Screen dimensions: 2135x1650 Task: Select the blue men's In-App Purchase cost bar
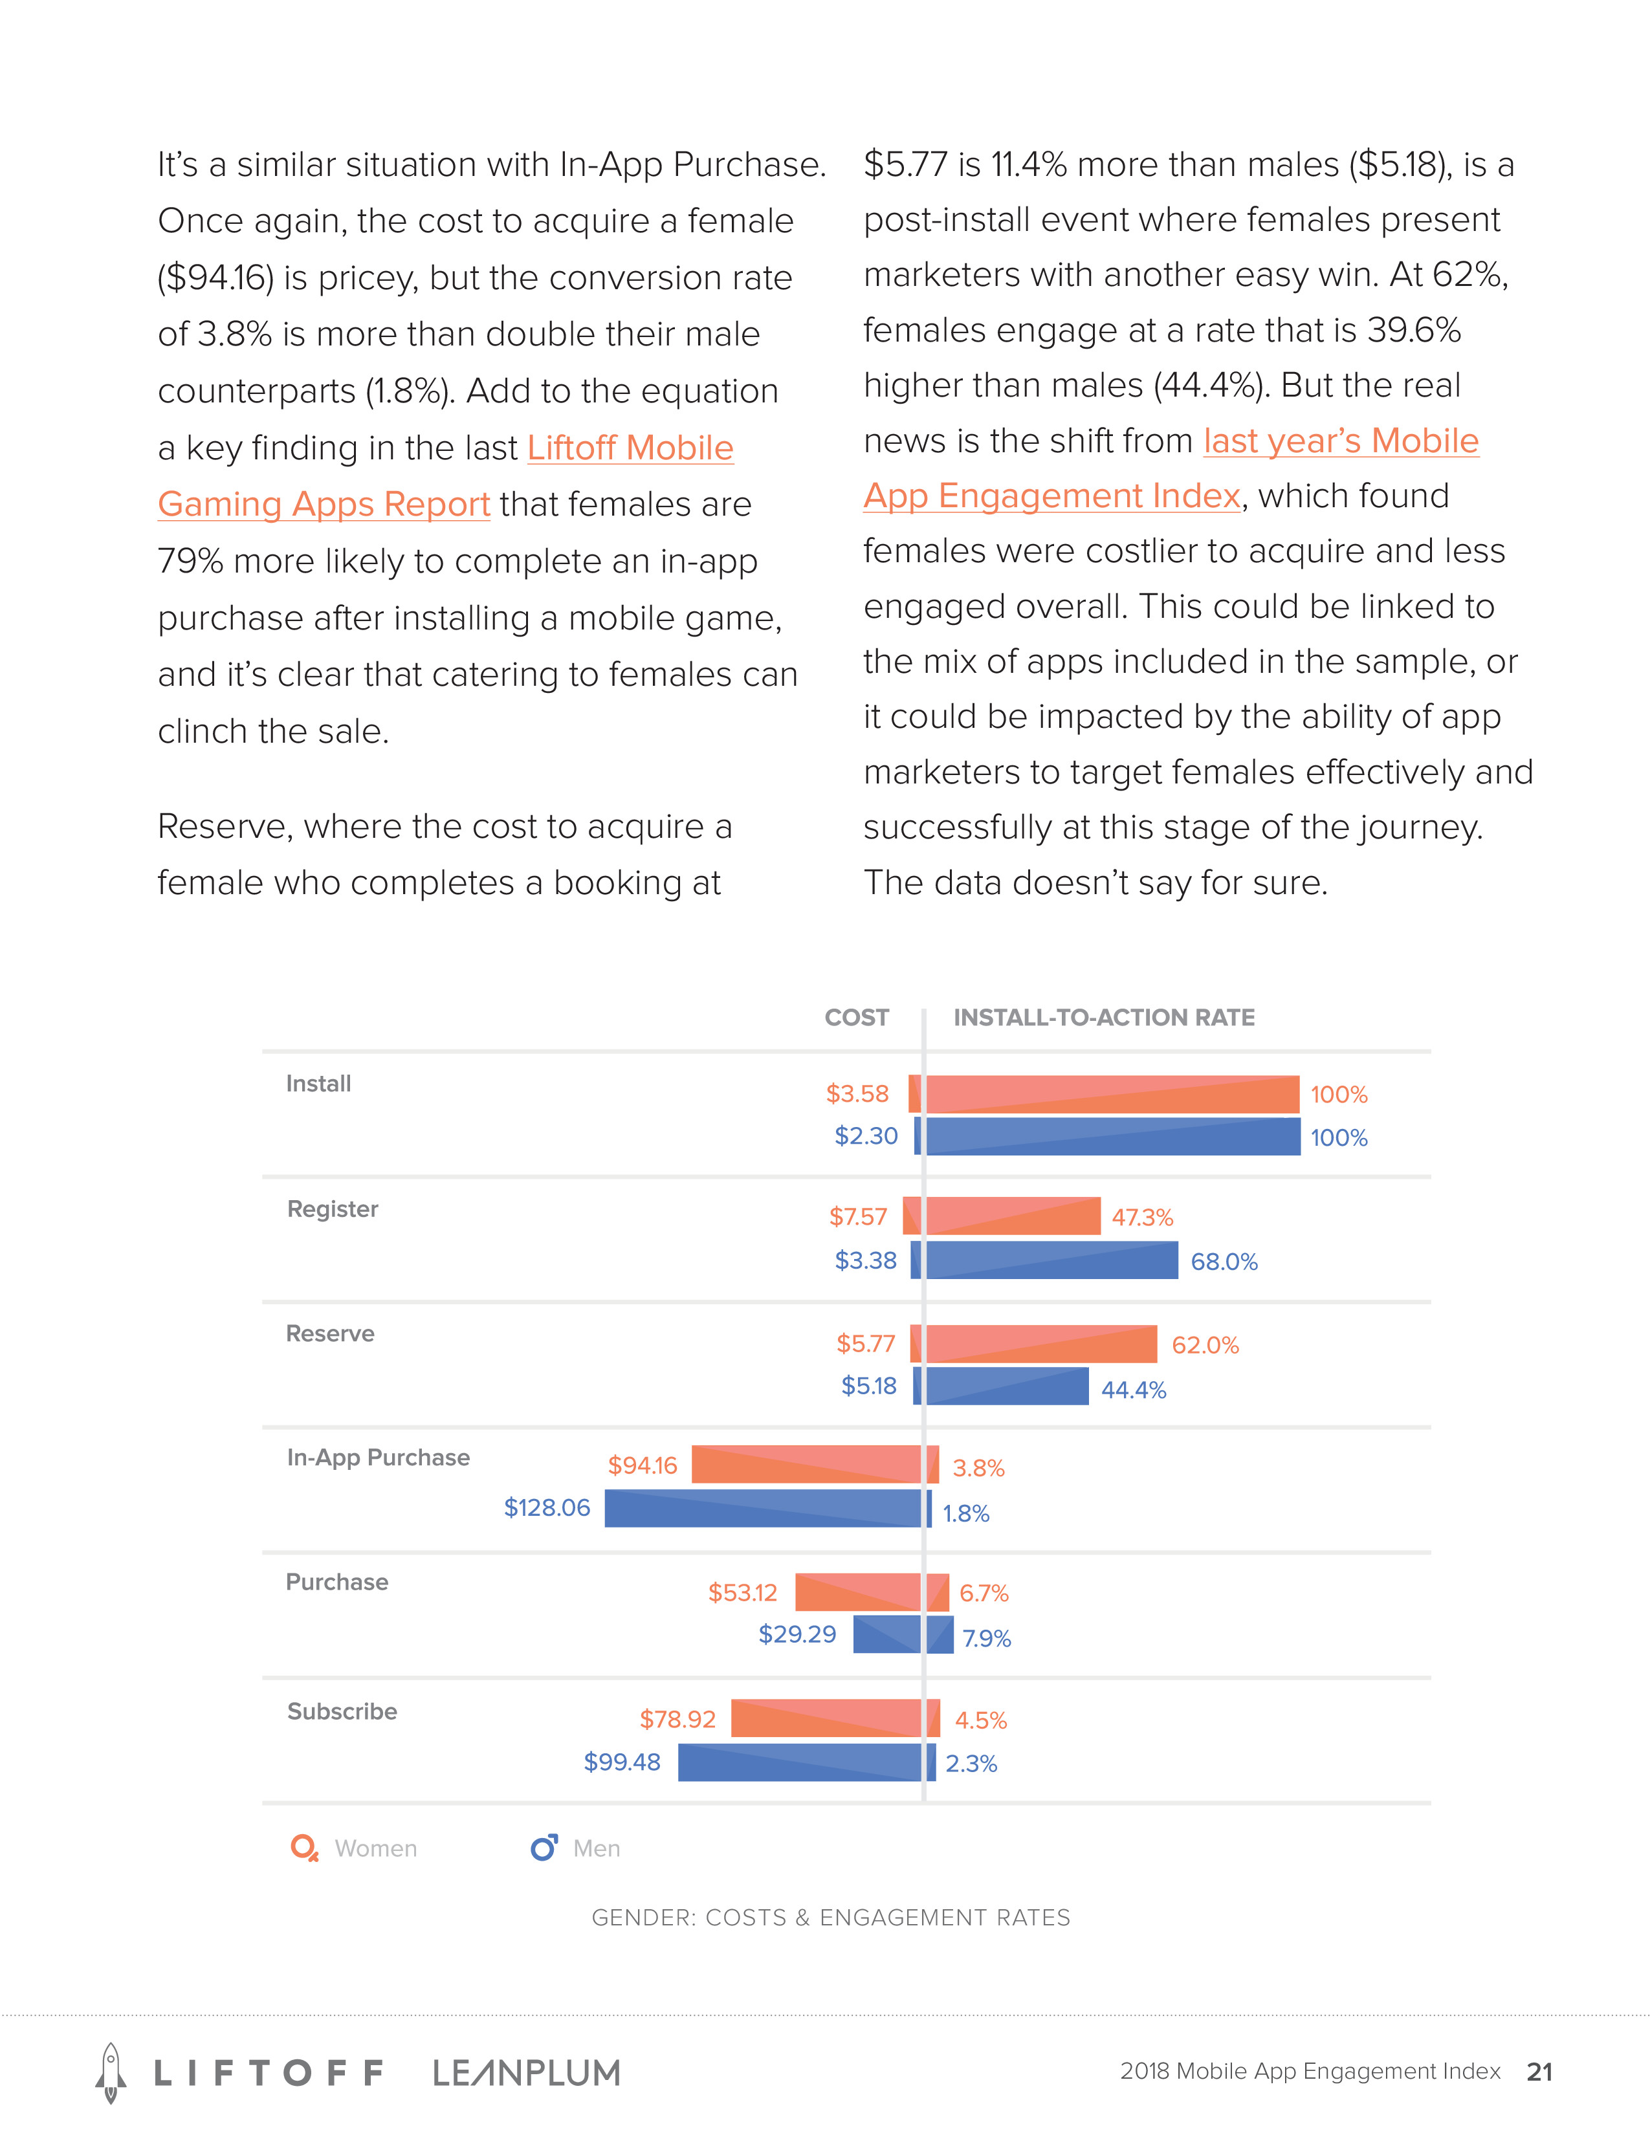[762, 1507]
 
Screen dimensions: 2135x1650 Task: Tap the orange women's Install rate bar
[1112, 1094]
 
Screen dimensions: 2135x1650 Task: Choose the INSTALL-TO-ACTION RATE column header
[1104, 1018]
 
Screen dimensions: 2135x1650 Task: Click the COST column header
[856, 1018]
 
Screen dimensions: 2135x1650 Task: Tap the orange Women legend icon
[304, 1848]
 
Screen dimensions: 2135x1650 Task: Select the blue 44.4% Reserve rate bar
[1007, 1386]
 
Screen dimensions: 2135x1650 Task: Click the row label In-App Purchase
[379, 1458]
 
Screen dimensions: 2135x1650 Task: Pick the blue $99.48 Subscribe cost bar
[800, 1762]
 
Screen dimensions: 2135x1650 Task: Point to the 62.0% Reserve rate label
[1205, 1345]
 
